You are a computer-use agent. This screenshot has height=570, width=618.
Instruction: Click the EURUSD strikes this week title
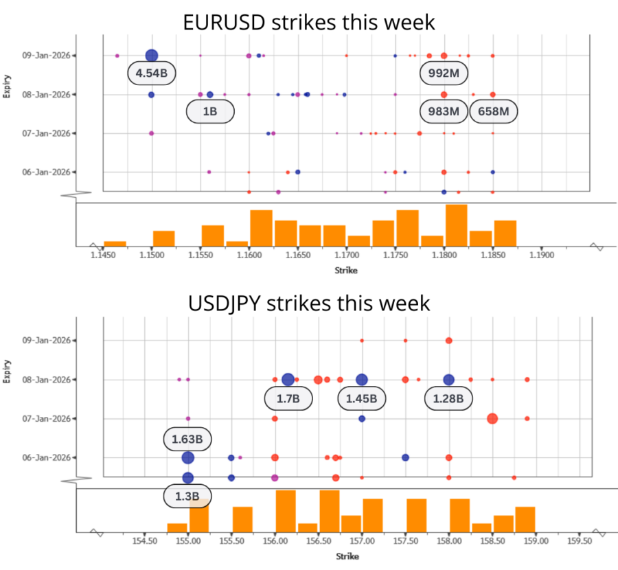(309, 22)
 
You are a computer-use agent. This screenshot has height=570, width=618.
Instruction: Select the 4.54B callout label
(151, 73)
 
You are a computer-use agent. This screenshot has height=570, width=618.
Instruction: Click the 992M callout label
(444, 73)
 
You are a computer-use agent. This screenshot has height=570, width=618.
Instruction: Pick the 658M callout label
(493, 111)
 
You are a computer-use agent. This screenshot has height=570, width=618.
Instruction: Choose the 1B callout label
(210, 111)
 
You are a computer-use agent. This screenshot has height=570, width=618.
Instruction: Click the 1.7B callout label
(288, 398)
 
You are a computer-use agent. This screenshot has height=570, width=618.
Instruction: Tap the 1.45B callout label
(362, 398)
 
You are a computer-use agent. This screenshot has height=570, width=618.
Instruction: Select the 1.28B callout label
(448, 398)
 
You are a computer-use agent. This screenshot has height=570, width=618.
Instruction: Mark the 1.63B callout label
(187, 438)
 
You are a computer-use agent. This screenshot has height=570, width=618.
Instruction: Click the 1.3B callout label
(187, 496)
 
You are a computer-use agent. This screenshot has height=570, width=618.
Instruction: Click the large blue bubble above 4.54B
(152, 56)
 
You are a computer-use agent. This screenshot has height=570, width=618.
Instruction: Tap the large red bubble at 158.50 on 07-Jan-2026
(492, 418)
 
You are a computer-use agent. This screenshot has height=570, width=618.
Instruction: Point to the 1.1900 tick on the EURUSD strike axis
(542, 255)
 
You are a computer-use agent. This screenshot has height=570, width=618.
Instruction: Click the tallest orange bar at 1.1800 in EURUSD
(456, 225)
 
